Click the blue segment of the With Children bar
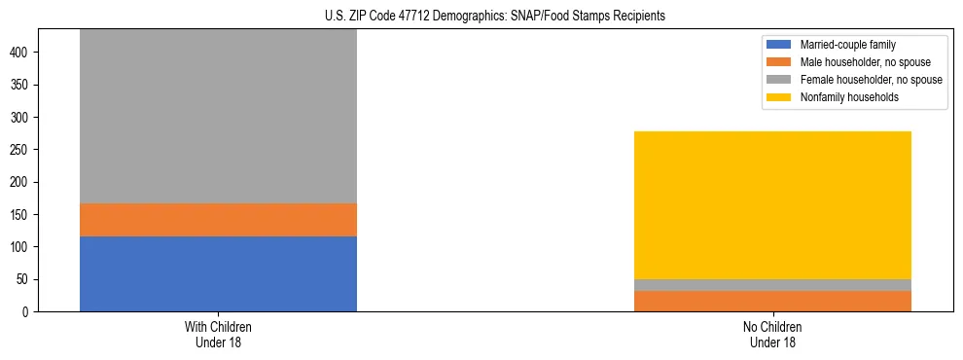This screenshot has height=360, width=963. pyautogui.click(x=218, y=273)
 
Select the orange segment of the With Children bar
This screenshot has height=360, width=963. pyautogui.click(x=218, y=220)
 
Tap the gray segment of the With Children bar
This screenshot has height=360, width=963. pyautogui.click(x=218, y=117)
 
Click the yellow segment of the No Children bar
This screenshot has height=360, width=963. pyautogui.click(x=772, y=205)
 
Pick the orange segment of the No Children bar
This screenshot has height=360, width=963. pyautogui.click(x=772, y=301)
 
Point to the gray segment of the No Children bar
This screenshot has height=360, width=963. pyautogui.click(x=772, y=285)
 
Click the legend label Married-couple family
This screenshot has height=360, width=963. pyautogui.click(x=847, y=45)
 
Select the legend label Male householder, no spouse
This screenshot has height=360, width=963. pyautogui.click(x=865, y=62)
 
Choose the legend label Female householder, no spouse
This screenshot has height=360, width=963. pyautogui.click(x=871, y=80)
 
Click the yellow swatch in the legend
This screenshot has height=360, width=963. pyautogui.click(x=779, y=97)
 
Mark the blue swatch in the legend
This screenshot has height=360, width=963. pyautogui.click(x=779, y=45)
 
